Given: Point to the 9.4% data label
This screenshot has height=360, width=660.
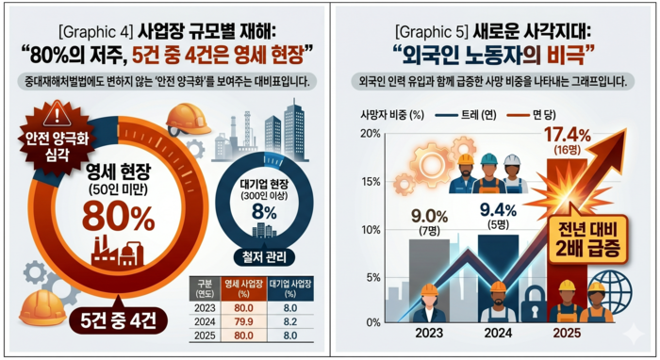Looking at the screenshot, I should (497, 208).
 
